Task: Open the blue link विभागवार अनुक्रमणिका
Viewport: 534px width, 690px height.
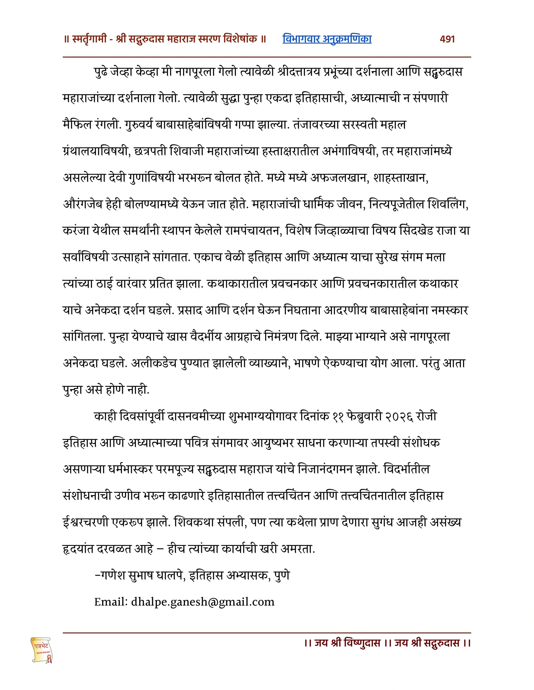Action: click(327, 39)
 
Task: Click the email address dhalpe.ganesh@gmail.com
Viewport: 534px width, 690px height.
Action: click(203, 602)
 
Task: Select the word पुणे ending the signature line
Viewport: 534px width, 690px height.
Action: click(282, 575)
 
